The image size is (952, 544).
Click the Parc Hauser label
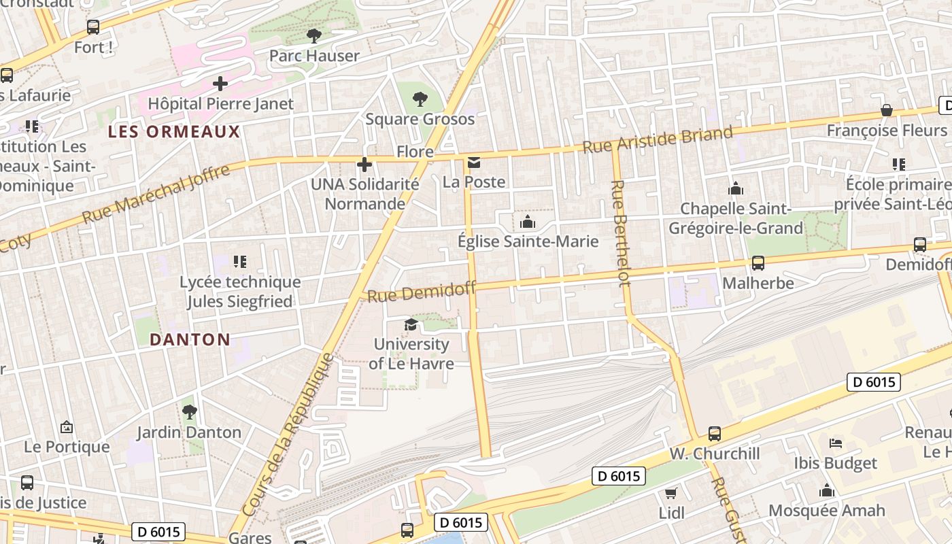click(x=314, y=56)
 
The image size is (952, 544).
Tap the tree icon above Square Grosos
click(x=420, y=99)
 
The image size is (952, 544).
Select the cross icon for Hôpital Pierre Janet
click(x=220, y=84)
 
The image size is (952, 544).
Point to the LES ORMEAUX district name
click(x=174, y=132)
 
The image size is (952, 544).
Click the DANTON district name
click(x=190, y=339)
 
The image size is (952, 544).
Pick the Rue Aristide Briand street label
click(x=658, y=139)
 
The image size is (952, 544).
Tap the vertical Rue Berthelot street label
click(x=618, y=233)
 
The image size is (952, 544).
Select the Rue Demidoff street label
click(x=422, y=292)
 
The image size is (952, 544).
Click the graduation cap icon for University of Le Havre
click(x=411, y=325)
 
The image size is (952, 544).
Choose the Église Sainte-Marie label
click(x=528, y=241)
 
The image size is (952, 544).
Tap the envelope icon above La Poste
click(x=474, y=163)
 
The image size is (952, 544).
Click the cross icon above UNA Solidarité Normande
click(x=364, y=165)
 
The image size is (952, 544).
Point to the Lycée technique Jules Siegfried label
click(x=240, y=292)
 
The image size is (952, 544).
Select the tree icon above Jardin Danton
click(x=189, y=411)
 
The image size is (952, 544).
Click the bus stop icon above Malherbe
click(x=758, y=263)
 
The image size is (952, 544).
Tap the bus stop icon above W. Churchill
click(x=714, y=434)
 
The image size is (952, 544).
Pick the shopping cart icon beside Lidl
click(x=671, y=493)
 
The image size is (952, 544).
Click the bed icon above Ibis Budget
click(x=836, y=443)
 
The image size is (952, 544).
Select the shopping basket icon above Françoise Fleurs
click(x=887, y=110)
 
